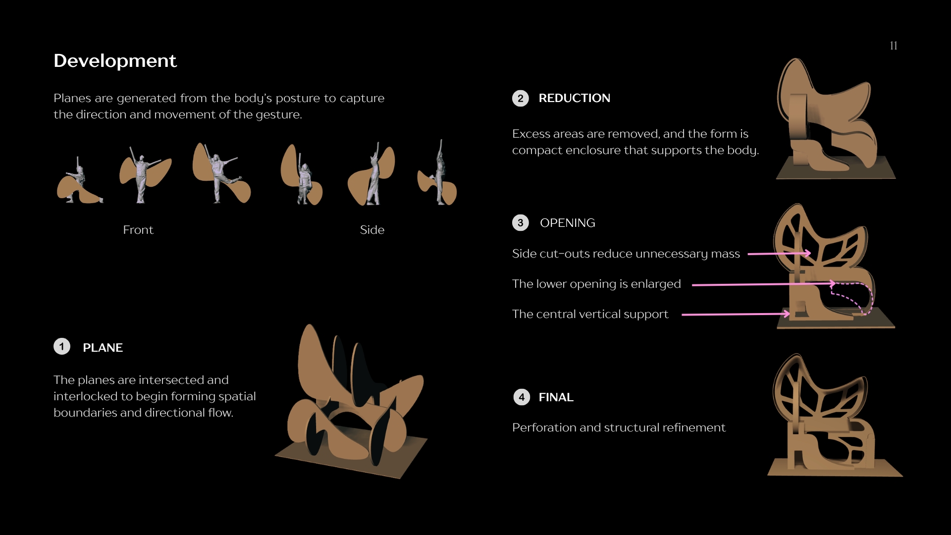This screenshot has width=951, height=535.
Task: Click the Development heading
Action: pyautogui.click(x=115, y=60)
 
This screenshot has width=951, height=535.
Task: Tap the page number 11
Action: pyautogui.click(x=894, y=46)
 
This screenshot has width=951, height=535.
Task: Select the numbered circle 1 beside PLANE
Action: pyautogui.click(x=62, y=347)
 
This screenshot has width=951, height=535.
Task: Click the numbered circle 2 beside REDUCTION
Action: pyautogui.click(x=521, y=98)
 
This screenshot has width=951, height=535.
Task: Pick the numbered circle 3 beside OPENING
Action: pyautogui.click(x=521, y=222)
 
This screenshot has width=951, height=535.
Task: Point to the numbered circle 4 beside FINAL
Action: pyautogui.click(x=522, y=397)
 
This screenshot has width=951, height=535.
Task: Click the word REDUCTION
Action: pyautogui.click(x=575, y=98)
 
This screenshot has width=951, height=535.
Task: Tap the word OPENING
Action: pyautogui.click(x=568, y=223)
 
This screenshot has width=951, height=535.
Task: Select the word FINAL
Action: pyautogui.click(x=556, y=397)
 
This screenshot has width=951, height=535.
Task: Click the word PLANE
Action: pyautogui.click(x=103, y=348)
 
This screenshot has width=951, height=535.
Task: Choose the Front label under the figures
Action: pyautogui.click(x=138, y=230)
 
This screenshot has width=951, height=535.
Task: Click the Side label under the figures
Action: pyautogui.click(x=372, y=230)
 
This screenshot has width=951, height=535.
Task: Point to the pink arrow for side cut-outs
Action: pyautogui.click(x=779, y=254)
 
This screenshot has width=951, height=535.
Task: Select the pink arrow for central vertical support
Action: pyautogui.click(x=736, y=314)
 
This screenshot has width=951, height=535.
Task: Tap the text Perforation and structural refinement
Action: pyautogui.click(x=619, y=428)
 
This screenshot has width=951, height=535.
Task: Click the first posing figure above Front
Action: pyautogui.click(x=79, y=181)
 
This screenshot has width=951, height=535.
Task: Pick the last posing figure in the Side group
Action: pyautogui.click(x=438, y=173)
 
